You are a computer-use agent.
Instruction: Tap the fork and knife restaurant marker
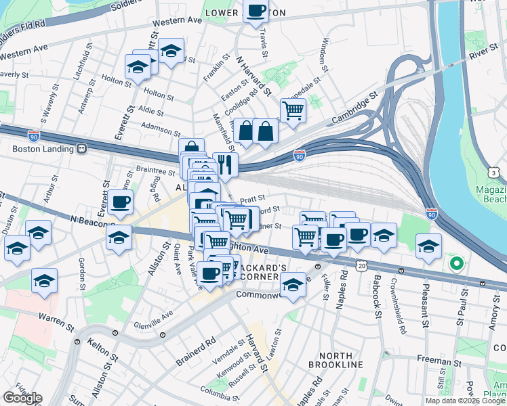[x=225, y=164]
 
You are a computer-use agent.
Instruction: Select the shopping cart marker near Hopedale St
[x=293, y=110]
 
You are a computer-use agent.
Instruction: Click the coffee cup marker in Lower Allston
[x=256, y=12]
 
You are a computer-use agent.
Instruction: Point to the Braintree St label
[x=155, y=172]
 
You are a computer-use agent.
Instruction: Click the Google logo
[x=22, y=398]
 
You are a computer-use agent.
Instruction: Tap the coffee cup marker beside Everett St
[x=120, y=201]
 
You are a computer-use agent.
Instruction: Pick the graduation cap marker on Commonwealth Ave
[x=293, y=285]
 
